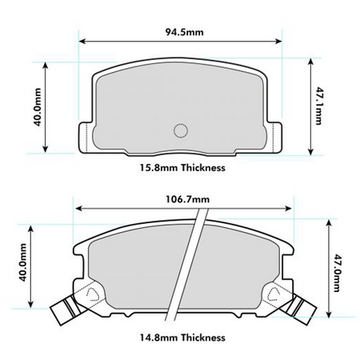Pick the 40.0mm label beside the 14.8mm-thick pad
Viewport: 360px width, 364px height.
(x=24, y=265)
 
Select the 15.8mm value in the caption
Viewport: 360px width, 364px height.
(x=156, y=168)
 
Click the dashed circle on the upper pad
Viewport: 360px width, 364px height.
(x=181, y=131)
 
